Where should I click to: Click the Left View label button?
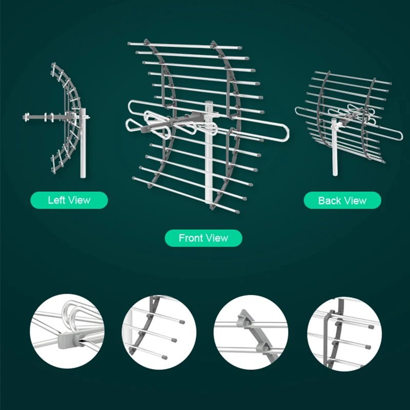coord(69,200)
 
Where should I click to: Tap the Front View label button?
coord(203,238)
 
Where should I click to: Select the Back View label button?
coord(342,200)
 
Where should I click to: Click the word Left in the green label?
coord(56,200)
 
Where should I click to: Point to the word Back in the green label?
coord(329,200)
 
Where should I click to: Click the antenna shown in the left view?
coord(59,118)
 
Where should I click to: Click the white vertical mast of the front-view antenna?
coord(209,169)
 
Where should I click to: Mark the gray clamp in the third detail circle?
coord(245,318)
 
